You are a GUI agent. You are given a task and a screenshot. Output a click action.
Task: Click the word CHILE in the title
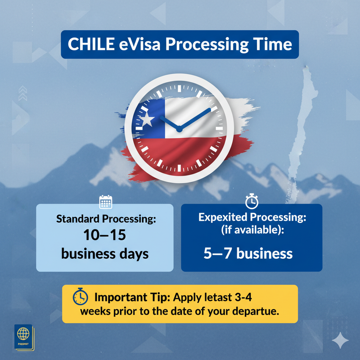click(91, 44)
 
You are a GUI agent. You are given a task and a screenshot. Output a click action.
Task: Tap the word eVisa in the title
click(139, 44)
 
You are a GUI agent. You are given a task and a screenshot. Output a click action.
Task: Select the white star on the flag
click(147, 120)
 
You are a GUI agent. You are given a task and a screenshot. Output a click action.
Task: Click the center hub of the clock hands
click(179, 129)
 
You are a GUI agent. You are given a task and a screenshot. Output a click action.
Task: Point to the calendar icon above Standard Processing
click(106, 202)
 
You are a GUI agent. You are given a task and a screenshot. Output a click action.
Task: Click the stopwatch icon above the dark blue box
click(252, 201)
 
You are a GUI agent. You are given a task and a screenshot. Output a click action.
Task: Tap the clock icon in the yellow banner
click(80, 297)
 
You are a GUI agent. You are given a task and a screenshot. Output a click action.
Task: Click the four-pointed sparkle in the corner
click(340, 340)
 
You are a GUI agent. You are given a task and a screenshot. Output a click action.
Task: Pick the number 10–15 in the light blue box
click(105, 235)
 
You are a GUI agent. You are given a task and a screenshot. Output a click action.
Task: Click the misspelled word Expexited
click(223, 218)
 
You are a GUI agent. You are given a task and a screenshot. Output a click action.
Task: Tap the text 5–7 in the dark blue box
click(217, 253)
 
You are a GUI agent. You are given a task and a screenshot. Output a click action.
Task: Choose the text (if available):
click(252, 230)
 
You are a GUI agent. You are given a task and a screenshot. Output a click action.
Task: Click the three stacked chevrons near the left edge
click(23, 93)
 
